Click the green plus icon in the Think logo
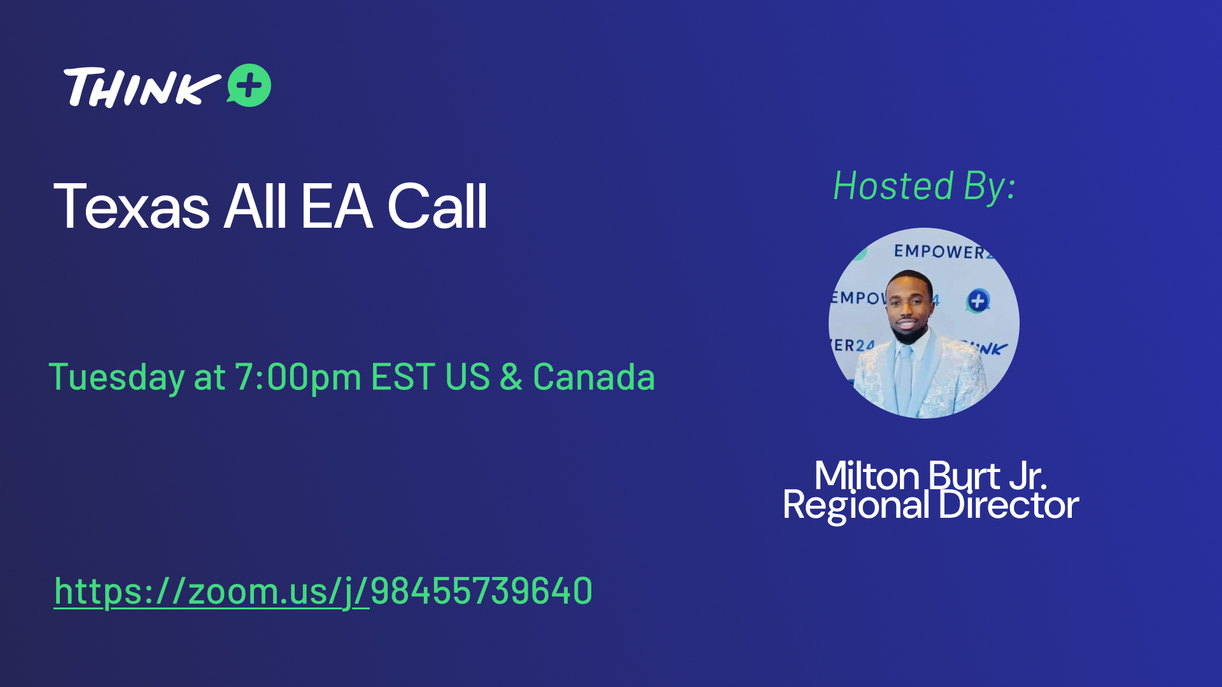click(x=249, y=85)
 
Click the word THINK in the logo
click(x=142, y=87)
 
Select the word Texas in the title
click(x=132, y=206)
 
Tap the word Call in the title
click(x=437, y=206)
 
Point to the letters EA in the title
click(x=337, y=206)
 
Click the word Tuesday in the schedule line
click(x=117, y=377)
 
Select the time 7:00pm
click(x=298, y=377)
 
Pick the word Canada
click(x=594, y=377)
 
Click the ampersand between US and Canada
click(x=511, y=377)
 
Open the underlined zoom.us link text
click(x=211, y=592)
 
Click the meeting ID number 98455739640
click(x=481, y=591)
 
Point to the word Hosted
click(x=894, y=186)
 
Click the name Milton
click(x=867, y=475)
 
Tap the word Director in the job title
click(x=1008, y=505)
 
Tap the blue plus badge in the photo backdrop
click(x=978, y=301)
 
